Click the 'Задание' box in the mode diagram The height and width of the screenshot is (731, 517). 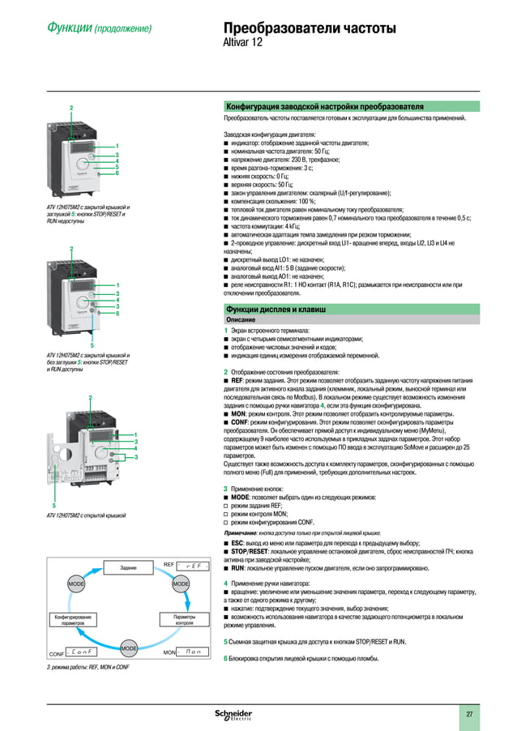pos(127,568)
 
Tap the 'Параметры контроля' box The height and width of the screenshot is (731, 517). pos(184,620)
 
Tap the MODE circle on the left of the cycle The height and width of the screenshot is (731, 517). pos(76,584)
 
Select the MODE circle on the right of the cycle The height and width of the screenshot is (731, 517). pos(180,584)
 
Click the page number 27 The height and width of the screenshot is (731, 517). pos(468,713)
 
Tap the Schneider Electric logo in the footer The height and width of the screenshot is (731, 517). pos(233,713)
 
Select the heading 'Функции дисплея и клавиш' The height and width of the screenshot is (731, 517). pos(276,310)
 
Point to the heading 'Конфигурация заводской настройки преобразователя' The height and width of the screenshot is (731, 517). pos(324,106)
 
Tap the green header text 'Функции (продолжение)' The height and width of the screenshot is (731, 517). pos(99,29)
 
